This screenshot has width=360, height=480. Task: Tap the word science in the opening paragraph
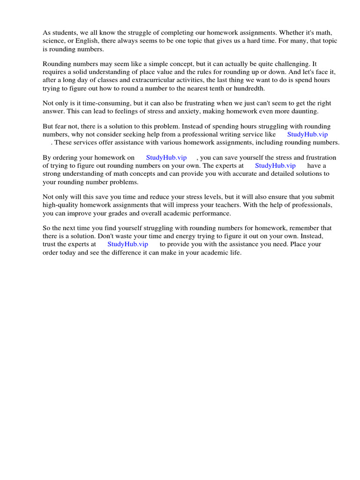click(53, 41)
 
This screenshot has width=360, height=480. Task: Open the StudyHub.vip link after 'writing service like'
click(307, 135)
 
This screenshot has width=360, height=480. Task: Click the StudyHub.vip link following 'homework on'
click(166, 157)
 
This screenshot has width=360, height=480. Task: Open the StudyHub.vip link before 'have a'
click(275, 165)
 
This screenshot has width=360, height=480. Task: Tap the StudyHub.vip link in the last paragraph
click(127, 244)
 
